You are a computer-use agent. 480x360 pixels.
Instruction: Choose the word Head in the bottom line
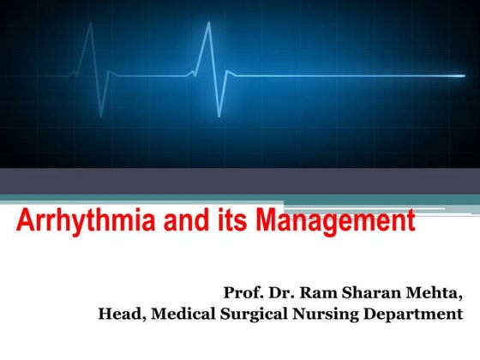point(121,315)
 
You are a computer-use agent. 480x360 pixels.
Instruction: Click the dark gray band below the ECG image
point(240,181)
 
